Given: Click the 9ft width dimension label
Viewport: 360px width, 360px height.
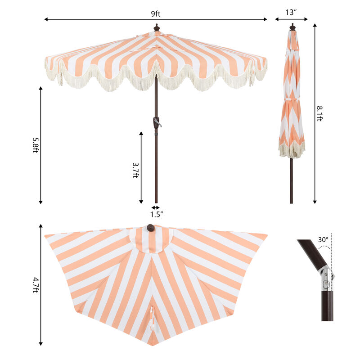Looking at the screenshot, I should tap(156, 13).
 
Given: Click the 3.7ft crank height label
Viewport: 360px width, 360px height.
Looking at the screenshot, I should tap(135, 170).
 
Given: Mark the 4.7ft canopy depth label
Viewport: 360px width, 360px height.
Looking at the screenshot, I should tap(36, 284).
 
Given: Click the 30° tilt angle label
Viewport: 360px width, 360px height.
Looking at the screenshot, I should tap(323, 240).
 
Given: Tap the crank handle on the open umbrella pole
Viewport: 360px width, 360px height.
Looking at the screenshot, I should tap(157, 122).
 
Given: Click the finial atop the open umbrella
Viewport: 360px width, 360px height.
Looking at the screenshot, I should tap(157, 27).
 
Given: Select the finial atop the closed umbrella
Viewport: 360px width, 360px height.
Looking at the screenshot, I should tap(292, 27).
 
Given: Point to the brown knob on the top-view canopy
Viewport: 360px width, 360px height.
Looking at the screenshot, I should tap(150, 229).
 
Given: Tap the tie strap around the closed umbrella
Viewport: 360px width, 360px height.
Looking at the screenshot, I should tap(292, 99).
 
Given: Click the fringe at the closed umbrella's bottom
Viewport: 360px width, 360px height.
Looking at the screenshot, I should tap(291, 150).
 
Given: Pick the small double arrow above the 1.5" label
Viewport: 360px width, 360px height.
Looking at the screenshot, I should tap(156, 207).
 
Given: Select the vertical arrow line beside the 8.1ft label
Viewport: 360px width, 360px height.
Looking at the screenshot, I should tap(315, 112).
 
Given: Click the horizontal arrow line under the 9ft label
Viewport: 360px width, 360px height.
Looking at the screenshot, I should tap(156, 19).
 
